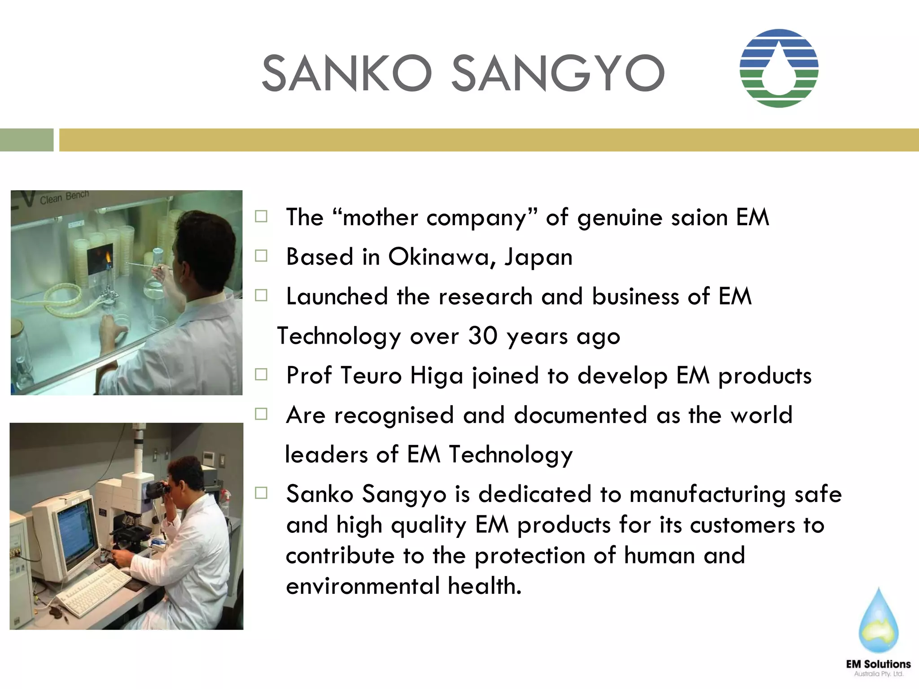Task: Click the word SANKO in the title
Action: pos(346,73)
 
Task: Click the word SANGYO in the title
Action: pos(557,73)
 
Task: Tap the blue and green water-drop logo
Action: pos(779,68)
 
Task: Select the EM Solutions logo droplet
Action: pos(878,621)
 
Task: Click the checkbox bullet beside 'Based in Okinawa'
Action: pos(261,256)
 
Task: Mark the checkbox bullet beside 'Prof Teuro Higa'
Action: pos(261,375)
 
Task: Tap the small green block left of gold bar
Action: pos(26,140)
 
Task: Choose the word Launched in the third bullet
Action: pos(337,297)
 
